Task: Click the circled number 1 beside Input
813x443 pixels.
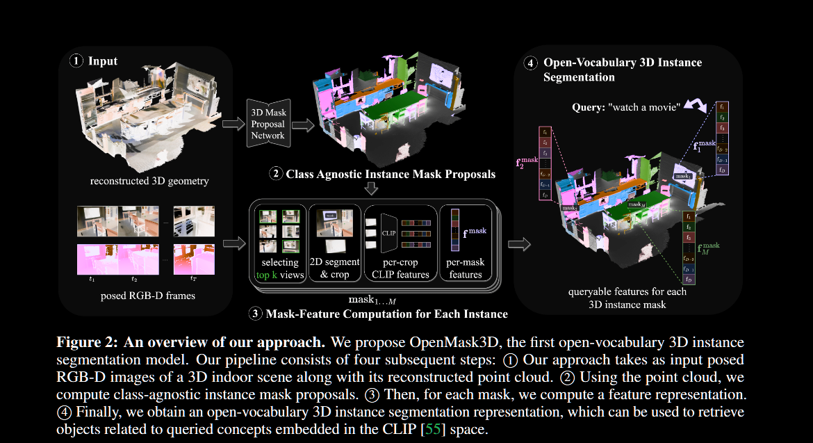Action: tap(76, 61)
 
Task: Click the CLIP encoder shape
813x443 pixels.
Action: tap(388, 232)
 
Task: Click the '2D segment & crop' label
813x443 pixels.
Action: tap(334, 268)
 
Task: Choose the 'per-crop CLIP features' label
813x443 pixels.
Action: tap(400, 268)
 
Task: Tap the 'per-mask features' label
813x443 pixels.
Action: tap(465, 268)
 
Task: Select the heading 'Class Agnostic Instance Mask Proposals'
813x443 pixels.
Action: tap(391, 174)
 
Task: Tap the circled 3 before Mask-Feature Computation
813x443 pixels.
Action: tap(255, 314)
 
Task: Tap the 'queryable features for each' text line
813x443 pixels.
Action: tap(627, 292)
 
